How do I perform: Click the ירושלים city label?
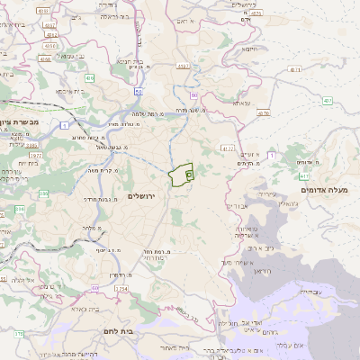(x=142, y=195)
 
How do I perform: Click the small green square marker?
(x=189, y=175)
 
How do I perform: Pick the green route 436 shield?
(x=89, y=79)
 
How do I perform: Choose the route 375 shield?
(x=17, y=334)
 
